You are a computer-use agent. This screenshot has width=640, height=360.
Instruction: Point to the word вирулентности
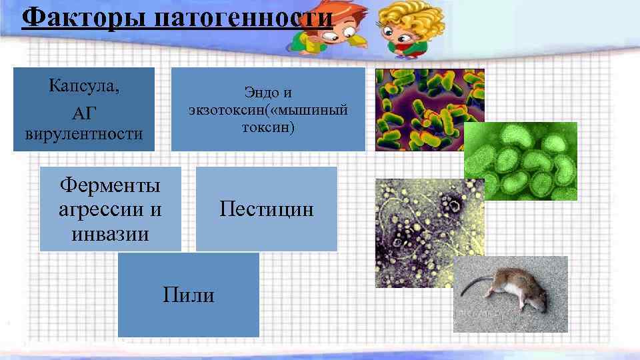(83, 133)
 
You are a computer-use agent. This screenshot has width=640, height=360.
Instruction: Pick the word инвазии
(110, 234)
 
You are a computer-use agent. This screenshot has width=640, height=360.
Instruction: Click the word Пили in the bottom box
(189, 294)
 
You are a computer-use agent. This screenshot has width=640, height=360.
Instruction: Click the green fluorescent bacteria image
(520, 161)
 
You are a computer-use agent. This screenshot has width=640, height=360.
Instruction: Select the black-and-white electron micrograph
(413, 233)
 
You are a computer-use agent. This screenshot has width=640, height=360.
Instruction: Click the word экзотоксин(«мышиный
(268, 109)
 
